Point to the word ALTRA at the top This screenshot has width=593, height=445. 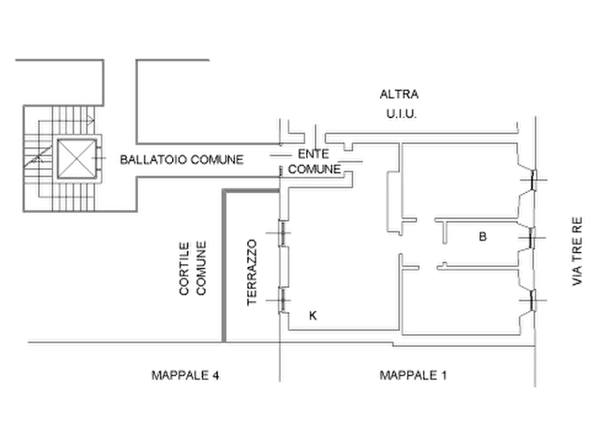pos(400,94)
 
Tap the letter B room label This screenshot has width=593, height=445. pos(483,236)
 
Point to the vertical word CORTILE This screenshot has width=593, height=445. pos(185,270)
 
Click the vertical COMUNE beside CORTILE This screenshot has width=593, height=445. pos(203,270)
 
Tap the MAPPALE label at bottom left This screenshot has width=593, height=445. pos(185,376)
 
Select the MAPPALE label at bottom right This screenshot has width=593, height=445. pos(413,376)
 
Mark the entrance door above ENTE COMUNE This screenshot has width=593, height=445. pos(284,133)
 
